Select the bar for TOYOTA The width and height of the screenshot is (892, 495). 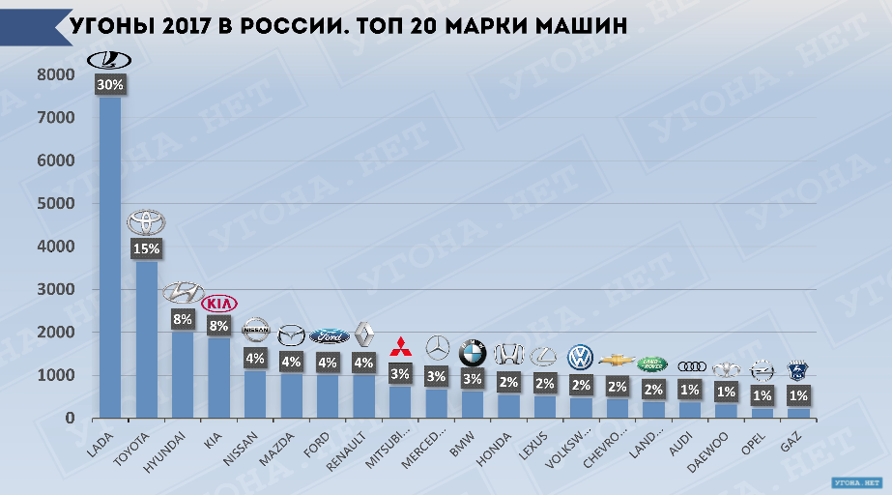(147, 338)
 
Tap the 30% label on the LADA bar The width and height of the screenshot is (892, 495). (110, 85)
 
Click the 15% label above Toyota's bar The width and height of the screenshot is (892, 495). (147, 248)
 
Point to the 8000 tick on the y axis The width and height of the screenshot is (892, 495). (57, 75)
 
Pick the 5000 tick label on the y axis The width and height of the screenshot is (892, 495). (57, 204)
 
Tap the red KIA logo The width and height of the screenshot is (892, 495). (219, 304)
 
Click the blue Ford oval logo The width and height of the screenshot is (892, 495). (330, 336)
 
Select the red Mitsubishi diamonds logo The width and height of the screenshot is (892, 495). (400, 346)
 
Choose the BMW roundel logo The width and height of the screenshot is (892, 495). (473, 349)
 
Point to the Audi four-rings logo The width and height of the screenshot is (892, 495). (692, 365)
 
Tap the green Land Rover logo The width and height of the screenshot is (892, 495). (652, 364)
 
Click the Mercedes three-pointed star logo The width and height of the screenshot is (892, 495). (438, 348)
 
